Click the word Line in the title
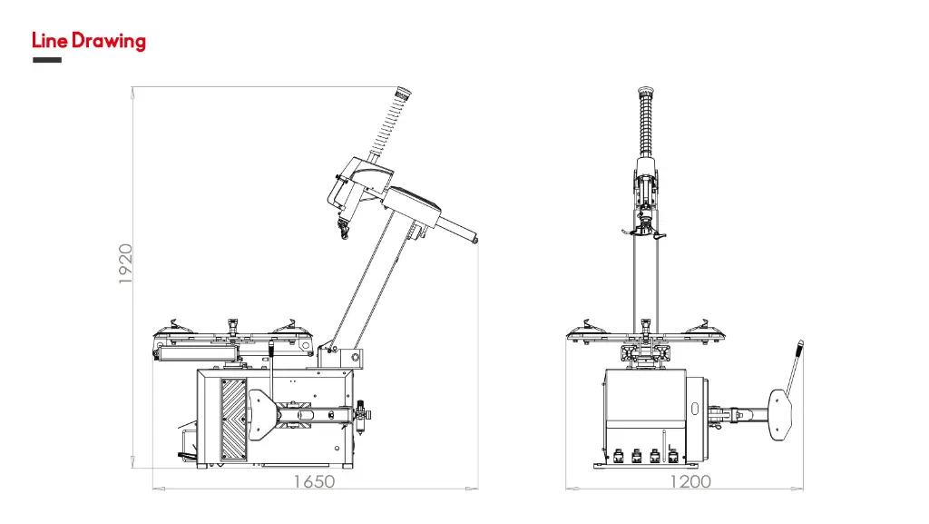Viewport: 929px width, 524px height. (50, 41)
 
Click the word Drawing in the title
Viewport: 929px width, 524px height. (109, 42)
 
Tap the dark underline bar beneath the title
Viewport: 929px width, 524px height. (47, 60)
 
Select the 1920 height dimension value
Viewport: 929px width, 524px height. (125, 263)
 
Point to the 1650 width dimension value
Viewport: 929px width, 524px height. (315, 481)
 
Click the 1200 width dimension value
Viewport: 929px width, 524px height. (690, 481)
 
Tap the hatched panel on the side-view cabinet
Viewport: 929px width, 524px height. (233, 420)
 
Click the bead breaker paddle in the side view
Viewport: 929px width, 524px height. (260, 415)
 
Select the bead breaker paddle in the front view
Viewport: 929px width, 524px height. (780, 415)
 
